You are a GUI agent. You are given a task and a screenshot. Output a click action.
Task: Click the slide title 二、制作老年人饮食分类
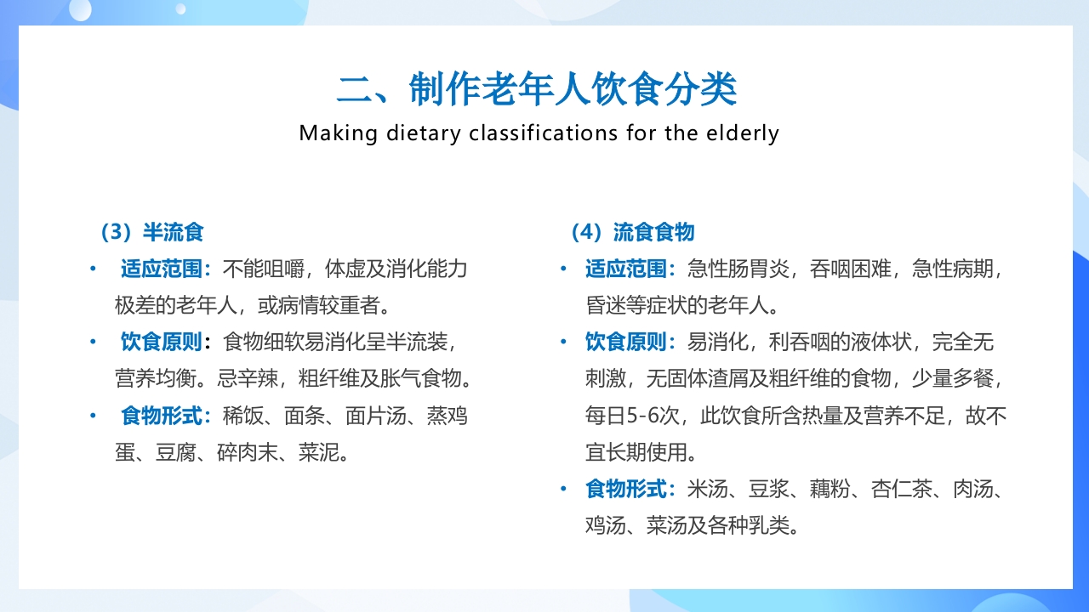coord(537,89)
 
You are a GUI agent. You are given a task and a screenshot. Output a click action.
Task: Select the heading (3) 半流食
coord(152,232)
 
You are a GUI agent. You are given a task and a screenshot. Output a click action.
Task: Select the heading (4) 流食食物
coord(633,232)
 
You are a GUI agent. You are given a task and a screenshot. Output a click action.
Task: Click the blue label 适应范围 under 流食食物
coord(627,269)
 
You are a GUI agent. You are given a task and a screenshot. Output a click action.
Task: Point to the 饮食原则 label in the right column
coord(627,343)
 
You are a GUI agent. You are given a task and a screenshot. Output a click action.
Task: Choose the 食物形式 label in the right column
coord(627,489)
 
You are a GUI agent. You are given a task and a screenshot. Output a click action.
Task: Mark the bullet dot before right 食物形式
coord(563,489)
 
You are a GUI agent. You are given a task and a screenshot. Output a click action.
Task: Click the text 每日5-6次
coord(637,416)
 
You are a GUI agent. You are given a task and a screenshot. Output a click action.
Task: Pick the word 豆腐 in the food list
coord(176,452)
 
